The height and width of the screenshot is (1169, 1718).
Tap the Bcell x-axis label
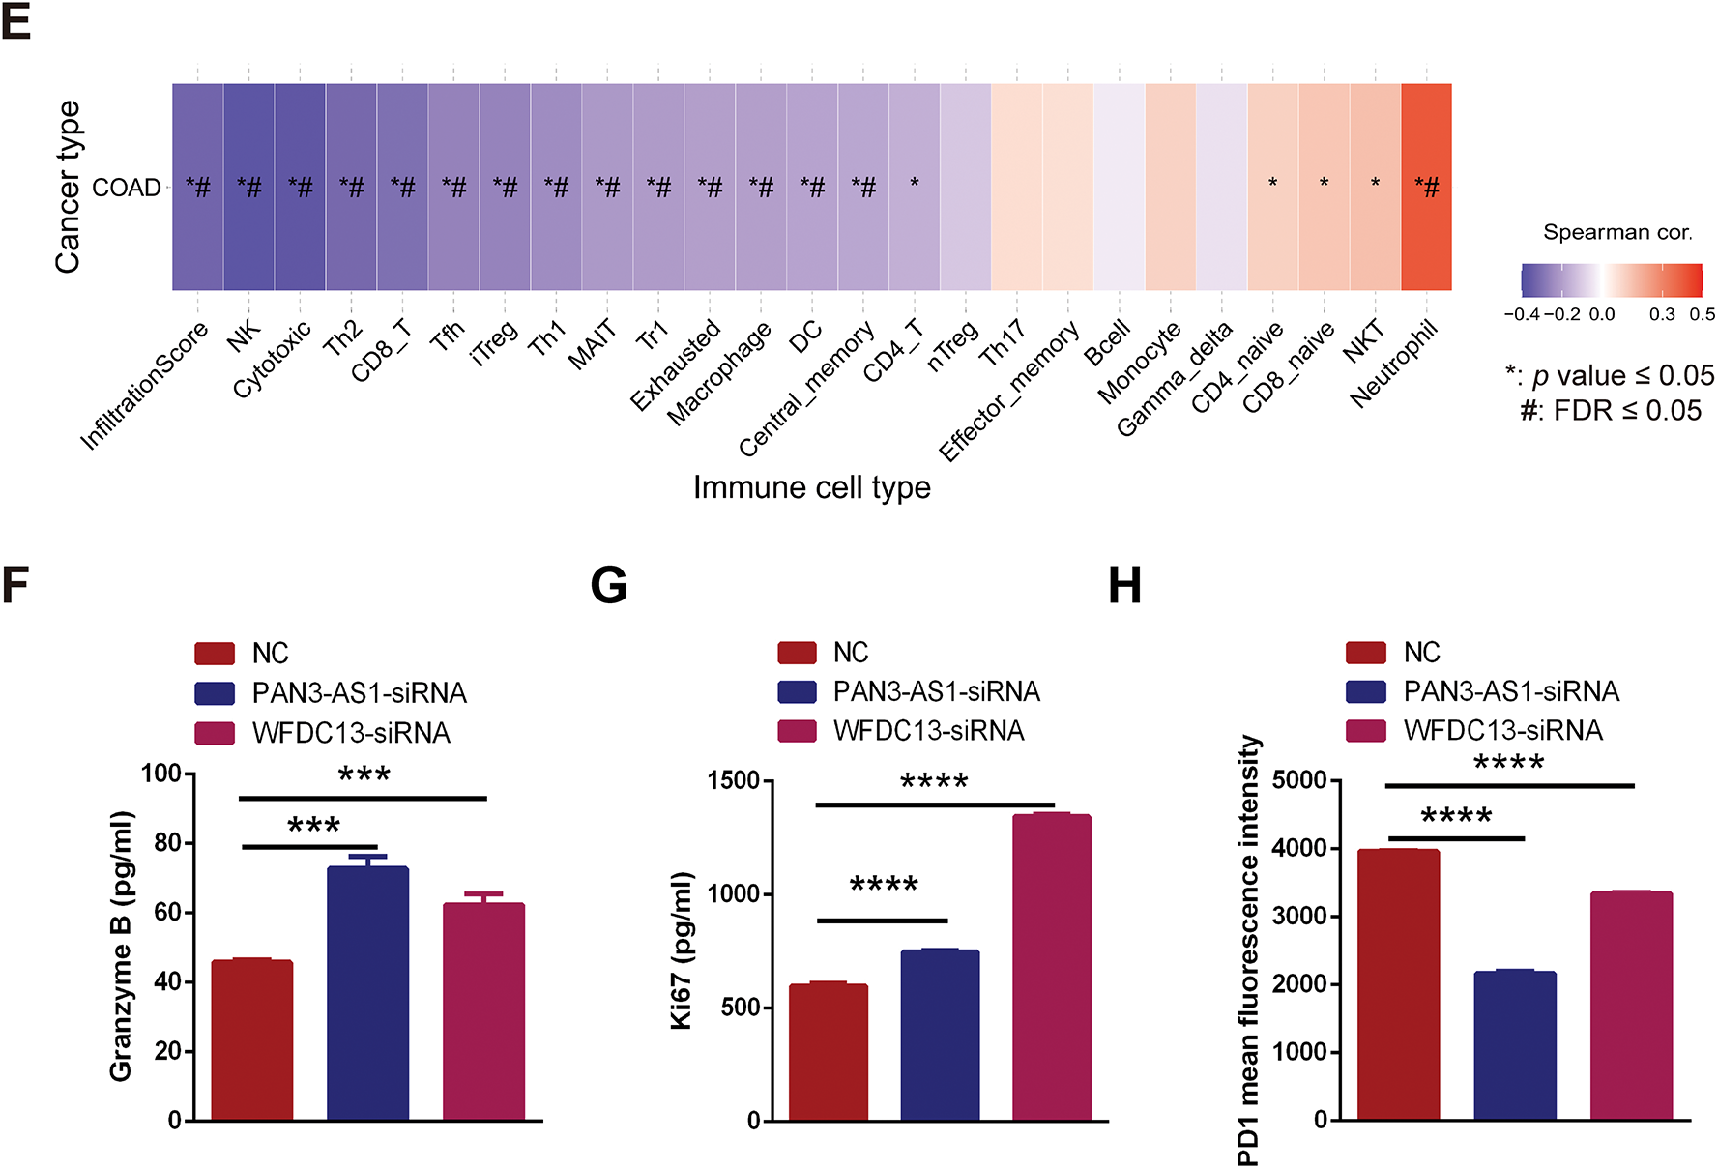tap(1108, 343)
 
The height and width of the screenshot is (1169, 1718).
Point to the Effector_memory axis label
tap(1009, 393)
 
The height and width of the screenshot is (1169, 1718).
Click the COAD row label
tap(127, 188)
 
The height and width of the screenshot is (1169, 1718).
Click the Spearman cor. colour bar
tap(1611, 280)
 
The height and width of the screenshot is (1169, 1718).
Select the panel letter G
tap(609, 586)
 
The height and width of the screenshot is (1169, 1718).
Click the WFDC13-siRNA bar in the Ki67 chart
tap(1052, 967)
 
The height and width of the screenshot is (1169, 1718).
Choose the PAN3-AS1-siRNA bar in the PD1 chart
tap(1515, 1045)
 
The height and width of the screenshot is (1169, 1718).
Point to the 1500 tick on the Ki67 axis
tap(734, 780)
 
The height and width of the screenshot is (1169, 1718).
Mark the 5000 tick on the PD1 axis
tap(1299, 780)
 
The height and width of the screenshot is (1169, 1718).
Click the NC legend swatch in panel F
tap(215, 654)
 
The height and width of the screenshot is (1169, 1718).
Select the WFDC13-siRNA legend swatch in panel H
tap(1365, 731)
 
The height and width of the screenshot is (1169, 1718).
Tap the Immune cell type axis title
tap(811, 487)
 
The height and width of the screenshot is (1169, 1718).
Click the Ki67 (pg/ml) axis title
tap(683, 950)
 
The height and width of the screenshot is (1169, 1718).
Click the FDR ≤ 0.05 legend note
tap(1611, 411)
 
